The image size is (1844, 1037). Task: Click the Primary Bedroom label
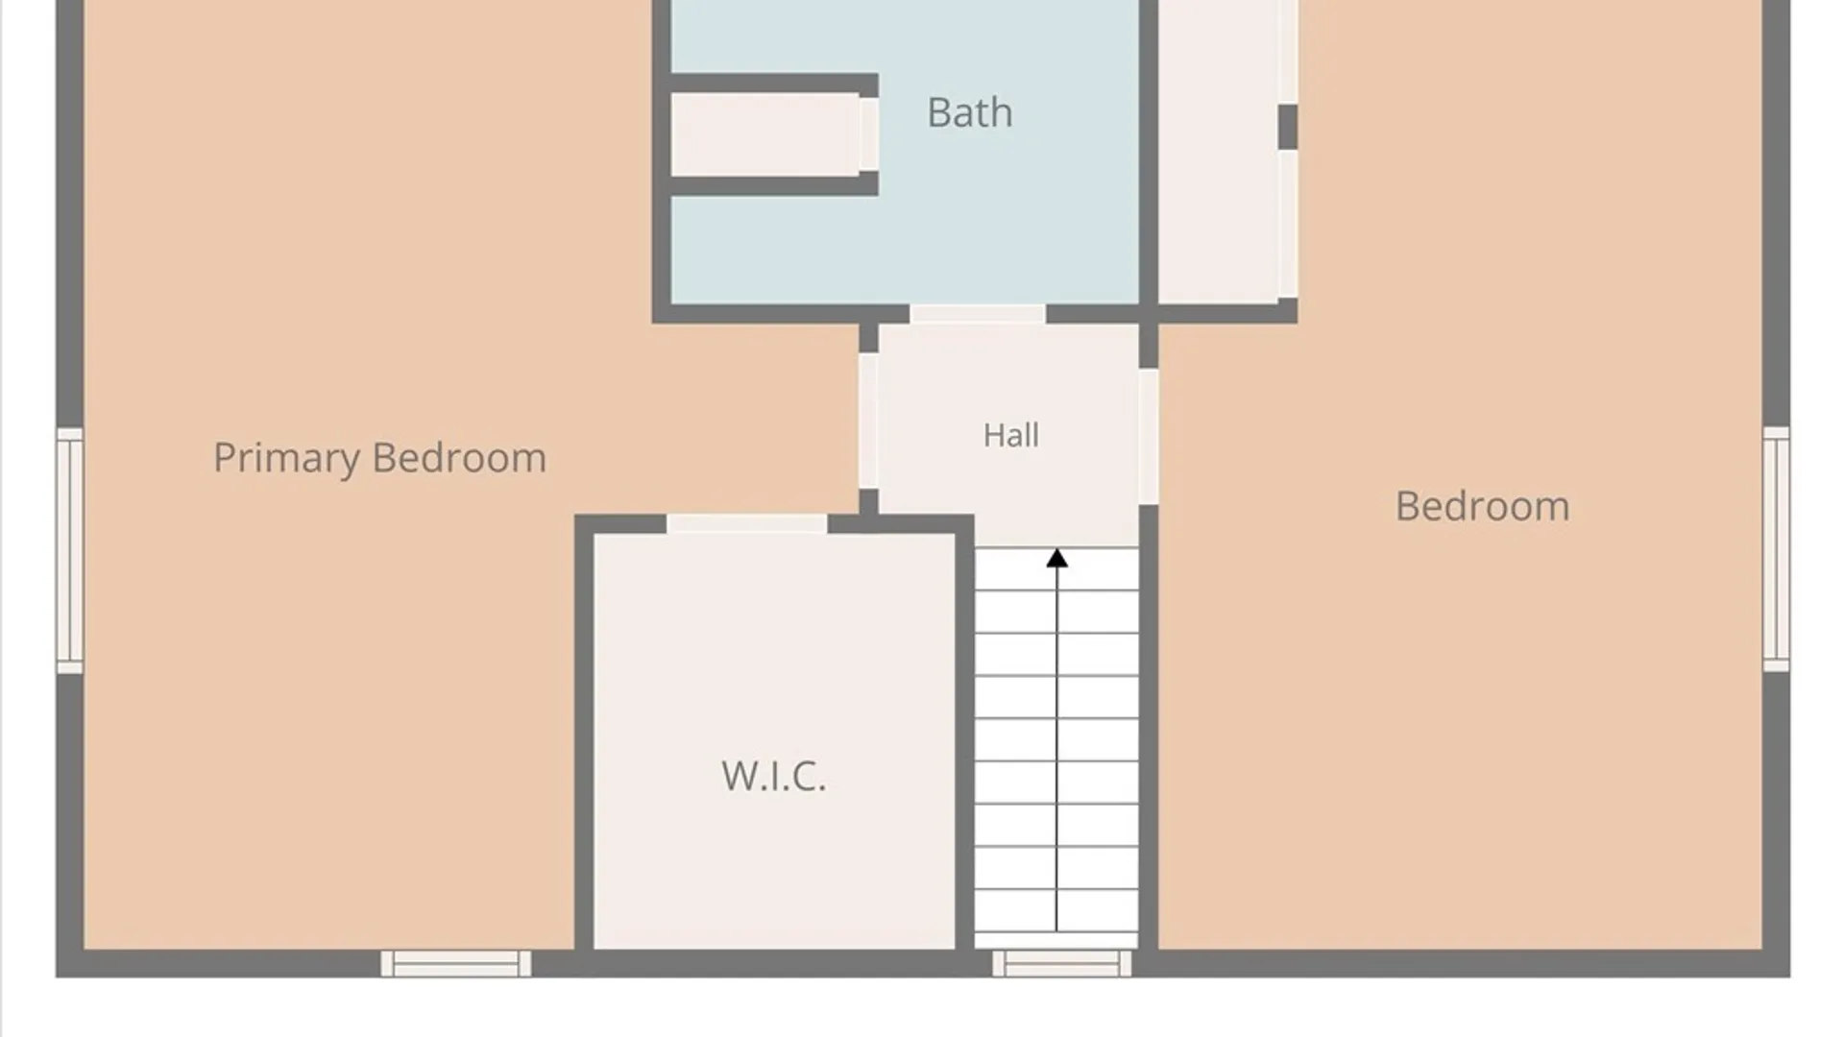coord(379,458)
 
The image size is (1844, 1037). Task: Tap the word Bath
coord(969,112)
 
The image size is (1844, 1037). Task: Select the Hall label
coord(1010,435)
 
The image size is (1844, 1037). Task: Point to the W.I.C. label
coord(773,776)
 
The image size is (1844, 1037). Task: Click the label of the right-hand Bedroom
coord(1482,506)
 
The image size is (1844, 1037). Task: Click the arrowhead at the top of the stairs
coord(1056,558)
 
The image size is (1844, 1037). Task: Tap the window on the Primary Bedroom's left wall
coord(70,550)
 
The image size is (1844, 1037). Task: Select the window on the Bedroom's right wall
coord(1776,549)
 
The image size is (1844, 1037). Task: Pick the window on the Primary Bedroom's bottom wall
coord(456,963)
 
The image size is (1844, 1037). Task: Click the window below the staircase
coord(1061,963)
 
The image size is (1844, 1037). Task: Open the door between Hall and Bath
coord(978,314)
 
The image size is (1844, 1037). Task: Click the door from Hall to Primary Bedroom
coord(868,421)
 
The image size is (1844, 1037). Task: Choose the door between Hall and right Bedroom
coord(1148,437)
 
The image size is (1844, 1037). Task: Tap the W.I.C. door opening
coord(747,523)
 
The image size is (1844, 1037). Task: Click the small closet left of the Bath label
coord(764,134)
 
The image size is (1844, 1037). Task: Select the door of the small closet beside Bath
coord(868,134)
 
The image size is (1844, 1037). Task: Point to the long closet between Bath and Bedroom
coord(1218,152)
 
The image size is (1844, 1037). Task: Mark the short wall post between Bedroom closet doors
coord(1288,127)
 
